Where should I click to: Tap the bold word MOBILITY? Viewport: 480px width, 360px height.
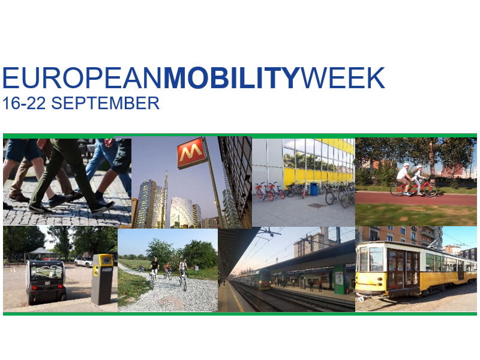(x=231, y=78)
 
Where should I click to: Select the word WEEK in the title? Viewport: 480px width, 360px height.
(x=342, y=78)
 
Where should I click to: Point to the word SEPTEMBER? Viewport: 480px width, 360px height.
(x=105, y=103)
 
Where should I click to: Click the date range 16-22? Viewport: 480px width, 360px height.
(x=24, y=103)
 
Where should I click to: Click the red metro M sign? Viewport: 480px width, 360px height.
(x=191, y=152)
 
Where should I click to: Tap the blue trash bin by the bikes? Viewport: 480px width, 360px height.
(x=314, y=188)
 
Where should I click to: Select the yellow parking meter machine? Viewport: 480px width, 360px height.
(x=103, y=279)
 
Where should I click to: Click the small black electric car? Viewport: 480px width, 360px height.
(x=46, y=281)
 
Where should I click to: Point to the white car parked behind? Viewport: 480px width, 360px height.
(x=83, y=262)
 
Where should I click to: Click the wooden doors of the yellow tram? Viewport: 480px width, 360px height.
(x=403, y=269)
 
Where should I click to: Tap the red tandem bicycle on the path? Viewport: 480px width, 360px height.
(x=413, y=188)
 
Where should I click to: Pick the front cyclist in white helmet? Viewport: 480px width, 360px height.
(x=404, y=179)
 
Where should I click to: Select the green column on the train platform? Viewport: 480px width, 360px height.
(x=339, y=279)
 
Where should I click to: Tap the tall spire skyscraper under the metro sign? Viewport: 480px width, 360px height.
(x=166, y=199)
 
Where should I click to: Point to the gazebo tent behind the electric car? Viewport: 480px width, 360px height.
(x=41, y=254)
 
